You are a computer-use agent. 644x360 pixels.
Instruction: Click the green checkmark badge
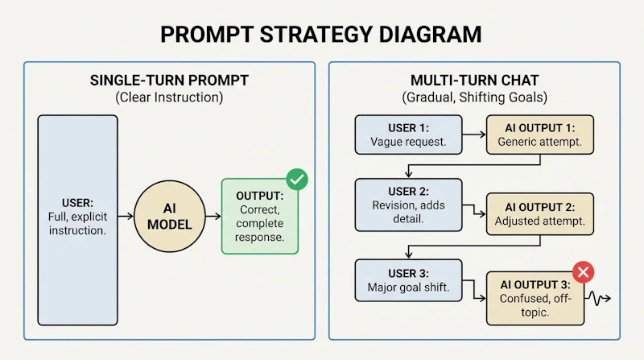(297, 179)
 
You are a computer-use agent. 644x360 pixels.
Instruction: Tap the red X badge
(583, 272)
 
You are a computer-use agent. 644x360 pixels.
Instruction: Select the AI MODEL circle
(170, 216)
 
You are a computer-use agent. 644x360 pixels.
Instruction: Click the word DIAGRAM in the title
(430, 35)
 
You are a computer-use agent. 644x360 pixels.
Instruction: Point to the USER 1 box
(409, 134)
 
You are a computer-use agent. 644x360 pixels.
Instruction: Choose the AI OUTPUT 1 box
(540, 134)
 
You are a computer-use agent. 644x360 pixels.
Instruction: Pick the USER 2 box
(409, 205)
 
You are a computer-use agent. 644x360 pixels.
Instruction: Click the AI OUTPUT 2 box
(540, 214)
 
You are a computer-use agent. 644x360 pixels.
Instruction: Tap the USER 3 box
(409, 280)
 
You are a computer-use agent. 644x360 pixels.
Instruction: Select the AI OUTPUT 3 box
(535, 298)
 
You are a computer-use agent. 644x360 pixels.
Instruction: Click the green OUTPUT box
(260, 216)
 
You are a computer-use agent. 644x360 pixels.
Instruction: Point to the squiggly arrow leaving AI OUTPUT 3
(597, 298)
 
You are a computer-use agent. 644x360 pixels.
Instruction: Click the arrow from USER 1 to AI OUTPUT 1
(474, 134)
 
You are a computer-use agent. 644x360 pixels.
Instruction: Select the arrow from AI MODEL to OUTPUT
(213, 216)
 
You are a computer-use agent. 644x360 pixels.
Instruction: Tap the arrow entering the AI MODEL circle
(126, 216)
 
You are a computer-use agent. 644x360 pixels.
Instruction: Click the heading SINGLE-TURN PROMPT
(169, 81)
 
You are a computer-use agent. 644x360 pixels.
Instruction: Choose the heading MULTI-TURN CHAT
(474, 81)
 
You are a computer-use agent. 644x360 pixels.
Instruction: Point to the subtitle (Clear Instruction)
(169, 97)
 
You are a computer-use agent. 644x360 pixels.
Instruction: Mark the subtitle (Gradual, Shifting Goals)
(474, 97)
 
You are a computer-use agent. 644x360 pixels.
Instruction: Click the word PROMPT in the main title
(207, 35)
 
